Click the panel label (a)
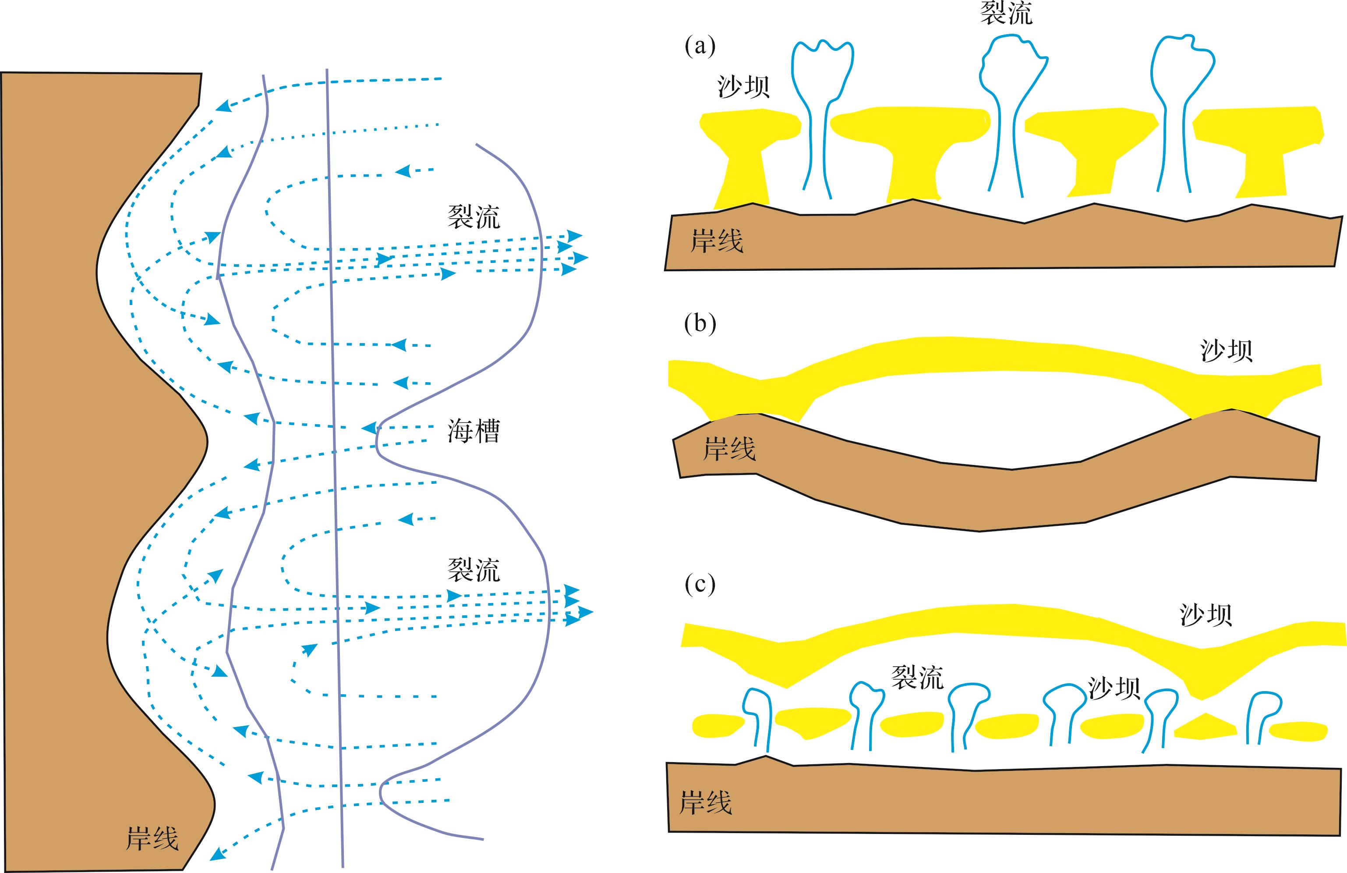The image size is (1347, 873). pyautogui.click(x=700, y=46)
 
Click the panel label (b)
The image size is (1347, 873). pyautogui.click(x=700, y=324)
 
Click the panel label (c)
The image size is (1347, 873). pyautogui.click(x=700, y=585)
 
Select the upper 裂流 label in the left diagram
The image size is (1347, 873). pyautogui.click(x=474, y=217)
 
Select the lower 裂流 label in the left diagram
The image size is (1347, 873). pyautogui.click(x=474, y=570)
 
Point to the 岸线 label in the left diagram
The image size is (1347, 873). pyautogui.click(x=152, y=838)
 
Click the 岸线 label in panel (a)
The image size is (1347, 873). pyautogui.click(x=717, y=241)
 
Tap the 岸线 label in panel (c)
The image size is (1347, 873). pyautogui.click(x=705, y=803)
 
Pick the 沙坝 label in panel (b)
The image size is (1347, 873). pyautogui.click(x=1227, y=351)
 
